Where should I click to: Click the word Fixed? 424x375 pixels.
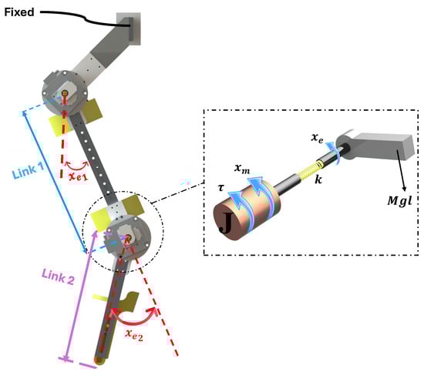pyautogui.click(x=19, y=12)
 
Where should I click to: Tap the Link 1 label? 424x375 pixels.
pyautogui.click(x=28, y=171)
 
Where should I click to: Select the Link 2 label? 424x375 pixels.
pyautogui.click(x=58, y=277)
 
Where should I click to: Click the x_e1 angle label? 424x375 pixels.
pyautogui.click(x=78, y=177)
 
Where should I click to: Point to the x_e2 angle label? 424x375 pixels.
pyautogui.click(x=134, y=335)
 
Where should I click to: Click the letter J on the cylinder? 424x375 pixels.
pyautogui.click(x=226, y=223)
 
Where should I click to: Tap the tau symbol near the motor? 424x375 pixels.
pyautogui.click(x=221, y=187)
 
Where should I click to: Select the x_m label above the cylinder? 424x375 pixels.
pyautogui.click(x=242, y=169)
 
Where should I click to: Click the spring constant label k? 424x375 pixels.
pyautogui.click(x=318, y=179)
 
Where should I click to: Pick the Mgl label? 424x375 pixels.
pyautogui.click(x=399, y=200)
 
